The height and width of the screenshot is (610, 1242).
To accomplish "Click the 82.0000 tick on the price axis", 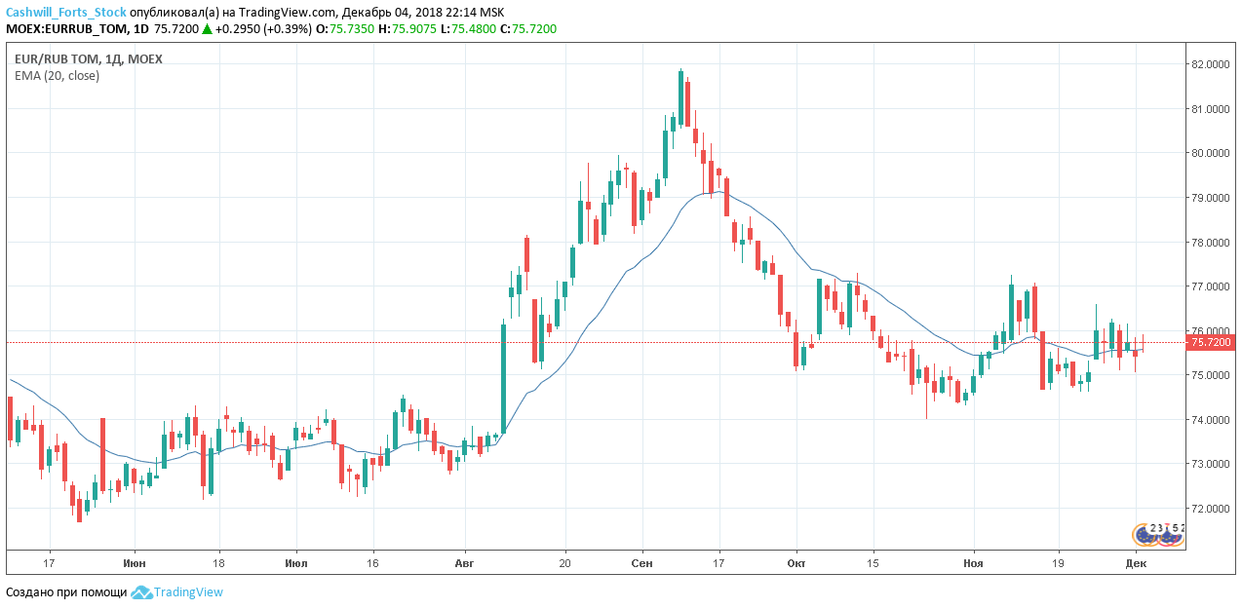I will click(1210, 64).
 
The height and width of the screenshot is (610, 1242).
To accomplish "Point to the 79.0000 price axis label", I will click(1210, 198).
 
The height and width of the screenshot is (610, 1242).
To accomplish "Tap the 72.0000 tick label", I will click(1210, 509).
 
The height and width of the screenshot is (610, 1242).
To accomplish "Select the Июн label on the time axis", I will click(136, 563).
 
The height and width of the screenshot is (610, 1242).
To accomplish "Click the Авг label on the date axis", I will click(464, 563).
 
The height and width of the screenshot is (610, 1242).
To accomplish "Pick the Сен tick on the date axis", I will click(642, 563).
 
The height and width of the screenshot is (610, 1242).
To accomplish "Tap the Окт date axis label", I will click(796, 563).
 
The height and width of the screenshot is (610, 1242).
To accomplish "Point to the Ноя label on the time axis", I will click(973, 563).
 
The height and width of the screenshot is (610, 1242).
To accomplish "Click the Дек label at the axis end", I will click(1135, 563).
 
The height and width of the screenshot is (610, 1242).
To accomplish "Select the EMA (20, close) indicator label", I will click(57, 76).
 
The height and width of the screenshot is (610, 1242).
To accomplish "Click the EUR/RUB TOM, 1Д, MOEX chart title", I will click(89, 59).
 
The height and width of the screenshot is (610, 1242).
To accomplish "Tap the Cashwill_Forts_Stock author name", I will click(65, 13).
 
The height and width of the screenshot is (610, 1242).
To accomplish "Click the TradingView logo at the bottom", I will click(177, 592).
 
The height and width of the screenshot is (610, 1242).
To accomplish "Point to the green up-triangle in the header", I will click(207, 29).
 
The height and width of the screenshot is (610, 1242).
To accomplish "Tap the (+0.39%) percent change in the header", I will click(290, 29).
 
